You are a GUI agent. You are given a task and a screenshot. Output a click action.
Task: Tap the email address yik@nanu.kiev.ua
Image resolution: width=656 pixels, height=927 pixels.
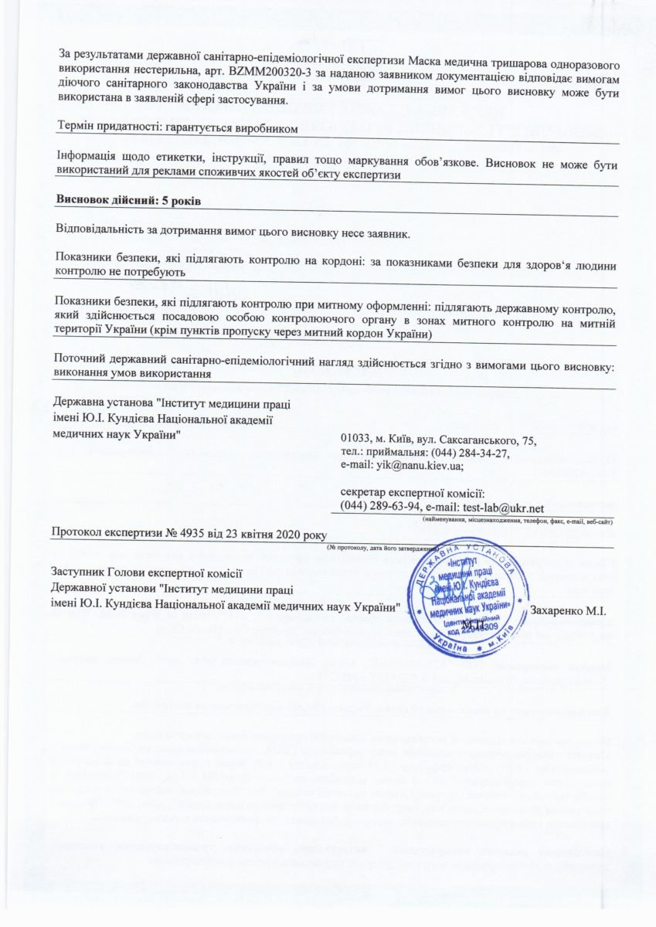coord(419,466)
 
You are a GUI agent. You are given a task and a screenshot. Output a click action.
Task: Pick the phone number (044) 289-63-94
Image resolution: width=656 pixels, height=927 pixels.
coord(375,508)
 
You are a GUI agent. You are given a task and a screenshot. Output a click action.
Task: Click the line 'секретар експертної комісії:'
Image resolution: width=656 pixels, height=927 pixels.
coord(412,493)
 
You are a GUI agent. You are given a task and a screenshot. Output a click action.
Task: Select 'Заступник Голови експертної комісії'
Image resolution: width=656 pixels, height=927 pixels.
coord(145,572)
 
